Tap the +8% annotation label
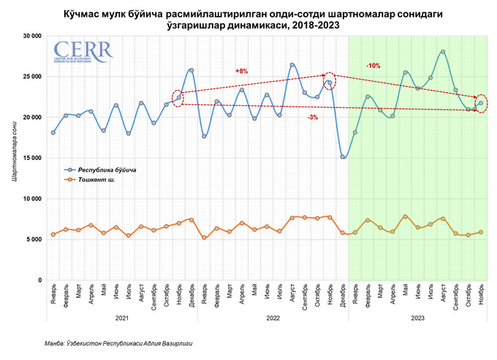pos(241,71)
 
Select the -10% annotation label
pos(373,66)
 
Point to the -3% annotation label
pos(312,117)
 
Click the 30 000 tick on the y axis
pos(30,35)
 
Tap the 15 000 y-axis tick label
pos(30,158)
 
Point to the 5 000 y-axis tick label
pos(32,239)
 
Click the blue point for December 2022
pos(342,156)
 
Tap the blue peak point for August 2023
pos(443,52)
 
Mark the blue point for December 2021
pos(191,70)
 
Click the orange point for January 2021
pos(53,234)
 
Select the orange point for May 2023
pos(405,217)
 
